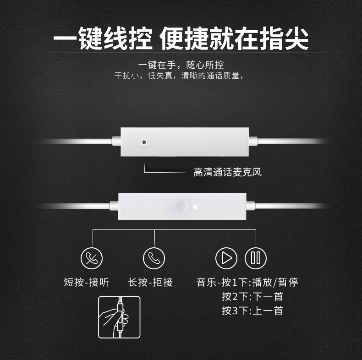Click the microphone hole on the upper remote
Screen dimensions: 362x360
click(144, 142)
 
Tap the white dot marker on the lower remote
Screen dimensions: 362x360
click(195, 207)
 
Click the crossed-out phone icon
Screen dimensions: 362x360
click(92, 258)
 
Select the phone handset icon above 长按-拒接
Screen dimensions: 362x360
click(154, 258)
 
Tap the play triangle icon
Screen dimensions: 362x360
click(226, 258)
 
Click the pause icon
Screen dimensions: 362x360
click(256, 258)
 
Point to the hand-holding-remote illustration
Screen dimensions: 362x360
click(119, 317)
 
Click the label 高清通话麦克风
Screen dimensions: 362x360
click(228, 172)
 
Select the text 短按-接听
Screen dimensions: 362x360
click(86, 282)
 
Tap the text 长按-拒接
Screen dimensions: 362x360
click(150, 282)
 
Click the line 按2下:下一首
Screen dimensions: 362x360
click(252, 296)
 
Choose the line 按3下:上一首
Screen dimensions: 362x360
click(252, 311)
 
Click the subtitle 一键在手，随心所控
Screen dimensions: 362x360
click(181, 65)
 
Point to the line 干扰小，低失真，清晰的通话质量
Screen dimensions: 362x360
click(179, 76)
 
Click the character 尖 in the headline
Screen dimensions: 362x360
click(296, 38)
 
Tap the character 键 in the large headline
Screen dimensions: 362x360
click(90, 38)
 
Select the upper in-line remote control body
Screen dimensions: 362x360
click(185, 142)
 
